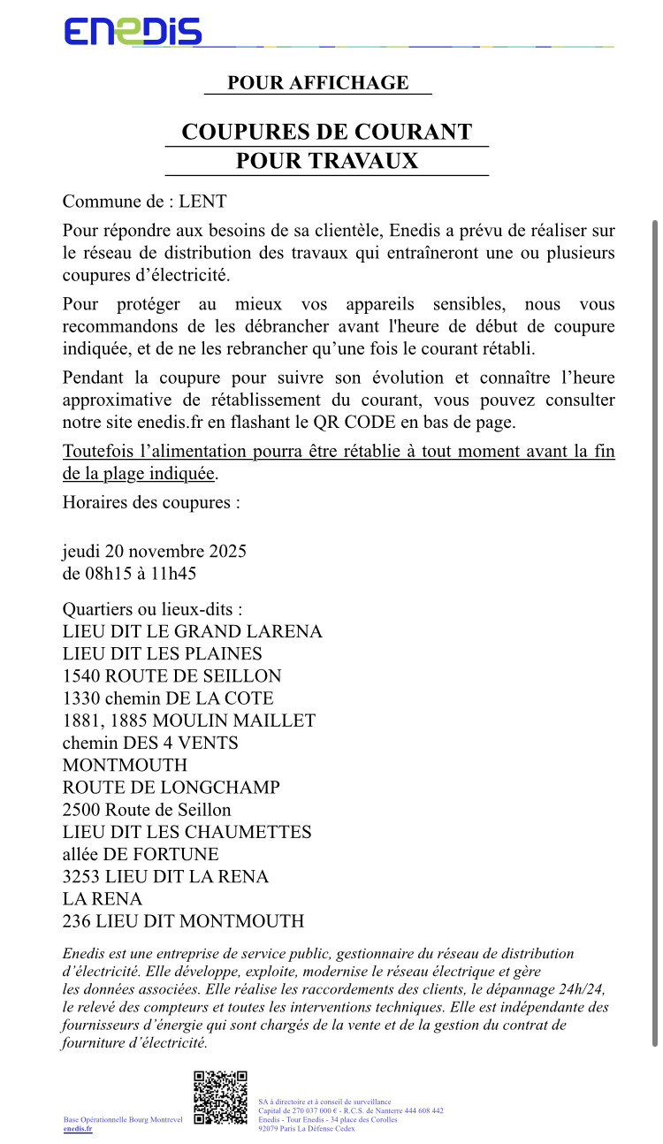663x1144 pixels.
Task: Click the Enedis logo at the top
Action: pyautogui.click(x=133, y=32)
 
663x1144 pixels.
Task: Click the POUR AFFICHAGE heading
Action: pyautogui.click(x=318, y=83)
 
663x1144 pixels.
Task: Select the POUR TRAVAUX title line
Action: pyautogui.click(x=327, y=161)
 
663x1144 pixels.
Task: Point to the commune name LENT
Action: pyautogui.click(x=202, y=202)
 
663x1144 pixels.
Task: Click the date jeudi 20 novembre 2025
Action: pyautogui.click(x=154, y=551)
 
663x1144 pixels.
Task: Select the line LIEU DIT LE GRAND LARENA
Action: pyautogui.click(x=193, y=631)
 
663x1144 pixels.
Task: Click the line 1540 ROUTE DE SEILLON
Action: pyautogui.click(x=171, y=676)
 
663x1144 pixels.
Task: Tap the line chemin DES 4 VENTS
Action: pyautogui.click(x=150, y=743)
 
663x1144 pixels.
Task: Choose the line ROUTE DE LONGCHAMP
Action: pyautogui.click(x=171, y=787)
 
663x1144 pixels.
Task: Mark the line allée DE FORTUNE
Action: pyautogui.click(x=141, y=854)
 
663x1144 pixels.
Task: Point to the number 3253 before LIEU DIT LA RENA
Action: pyautogui.click(x=81, y=876)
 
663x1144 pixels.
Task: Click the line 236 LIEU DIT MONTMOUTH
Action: pyautogui.click(x=183, y=921)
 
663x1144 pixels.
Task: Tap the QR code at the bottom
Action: pyautogui.click(x=220, y=1097)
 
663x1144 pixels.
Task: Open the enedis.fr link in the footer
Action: pyautogui.click(x=78, y=1129)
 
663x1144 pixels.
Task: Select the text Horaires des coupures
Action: pyautogui.click(x=151, y=503)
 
